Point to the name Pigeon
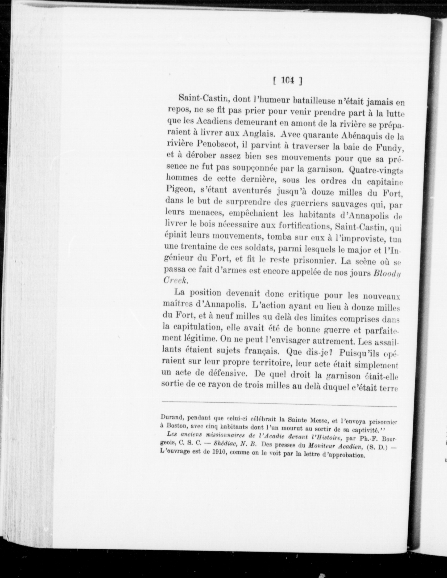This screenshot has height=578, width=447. pos(179,190)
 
